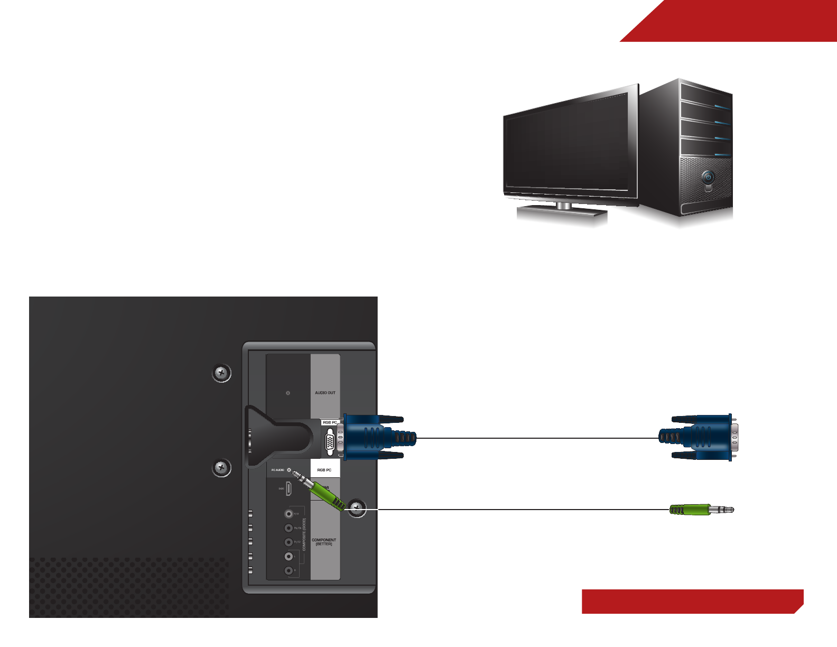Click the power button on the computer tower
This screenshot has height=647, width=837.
tap(708, 177)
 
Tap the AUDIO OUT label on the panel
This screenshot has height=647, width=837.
tap(325, 393)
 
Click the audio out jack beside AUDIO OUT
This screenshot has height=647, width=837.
tap(288, 393)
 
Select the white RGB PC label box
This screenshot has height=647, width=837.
tap(324, 469)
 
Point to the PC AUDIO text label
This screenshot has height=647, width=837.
tap(277, 470)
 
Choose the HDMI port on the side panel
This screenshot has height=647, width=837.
tap(289, 489)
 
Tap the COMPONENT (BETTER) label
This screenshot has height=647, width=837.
tap(324, 542)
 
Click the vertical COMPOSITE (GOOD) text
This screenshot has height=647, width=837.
tap(304, 534)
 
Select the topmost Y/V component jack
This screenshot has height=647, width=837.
tap(289, 513)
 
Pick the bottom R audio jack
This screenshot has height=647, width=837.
tap(289, 570)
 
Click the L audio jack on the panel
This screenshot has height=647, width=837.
tap(289, 556)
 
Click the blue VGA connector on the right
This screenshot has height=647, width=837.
tap(703, 438)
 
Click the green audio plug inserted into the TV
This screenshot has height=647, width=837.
tap(325, 495)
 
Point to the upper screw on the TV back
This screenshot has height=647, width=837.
tap(222, 373)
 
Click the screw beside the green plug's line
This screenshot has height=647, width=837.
tap(358, 509)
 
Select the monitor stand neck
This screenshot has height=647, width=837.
tap(564, 206)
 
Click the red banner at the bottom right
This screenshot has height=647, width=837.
tap(692, 602)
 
